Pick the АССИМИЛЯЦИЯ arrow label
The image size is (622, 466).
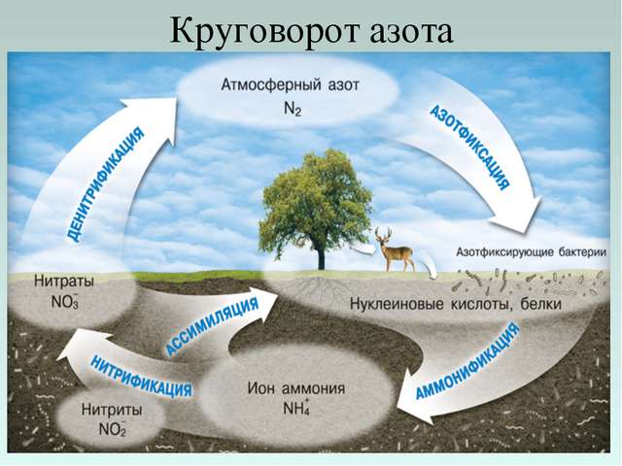tap(213, 324)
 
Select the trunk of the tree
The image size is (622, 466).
tap(321, 256)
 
